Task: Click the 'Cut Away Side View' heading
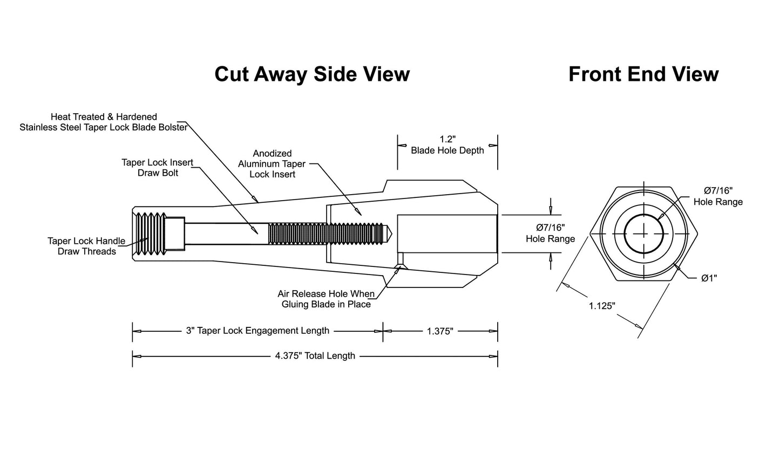point(312,74)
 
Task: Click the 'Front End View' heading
point(643,74)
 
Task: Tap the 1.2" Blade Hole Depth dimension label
point(447,145)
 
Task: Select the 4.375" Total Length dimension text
point(315,356)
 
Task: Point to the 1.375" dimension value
point(440,331)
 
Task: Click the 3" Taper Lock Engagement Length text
point(257,331)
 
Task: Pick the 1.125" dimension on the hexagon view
point(602,306)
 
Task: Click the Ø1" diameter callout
point(709,278)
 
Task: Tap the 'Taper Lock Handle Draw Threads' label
point(86,246)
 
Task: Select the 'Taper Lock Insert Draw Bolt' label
point(158,168)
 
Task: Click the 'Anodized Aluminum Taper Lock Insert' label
point(272,164)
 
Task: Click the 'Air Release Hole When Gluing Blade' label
point(326,299)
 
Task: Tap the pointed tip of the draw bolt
point(392,233)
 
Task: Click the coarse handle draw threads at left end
point(151,234)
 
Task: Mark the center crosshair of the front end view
point(643,234)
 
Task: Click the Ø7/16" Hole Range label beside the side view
point(550,233)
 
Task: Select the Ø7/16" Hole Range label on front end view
point(718,196)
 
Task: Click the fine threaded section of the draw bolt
point(326,234)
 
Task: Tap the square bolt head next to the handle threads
point(174,234)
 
